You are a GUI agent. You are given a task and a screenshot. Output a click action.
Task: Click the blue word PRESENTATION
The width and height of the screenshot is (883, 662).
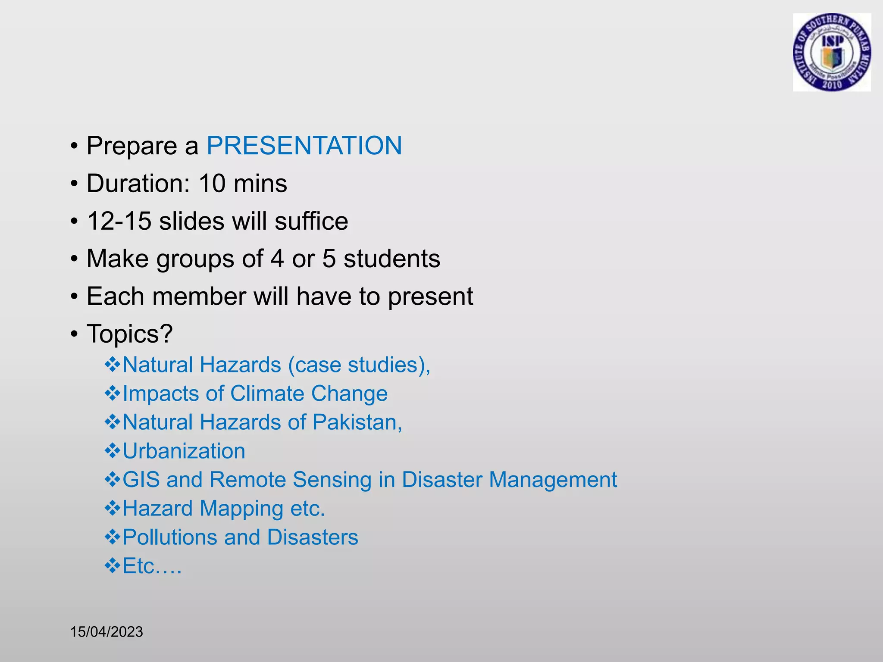pos(304,146)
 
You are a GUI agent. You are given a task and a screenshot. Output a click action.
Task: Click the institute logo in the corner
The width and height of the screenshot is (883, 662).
pos(832,52)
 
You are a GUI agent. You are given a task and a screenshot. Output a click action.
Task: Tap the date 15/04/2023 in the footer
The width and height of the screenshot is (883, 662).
pos(106,632)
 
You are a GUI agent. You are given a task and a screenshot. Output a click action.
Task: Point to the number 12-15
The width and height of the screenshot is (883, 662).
pos(119,221)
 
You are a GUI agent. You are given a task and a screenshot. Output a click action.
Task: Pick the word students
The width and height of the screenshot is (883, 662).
pos(391,259)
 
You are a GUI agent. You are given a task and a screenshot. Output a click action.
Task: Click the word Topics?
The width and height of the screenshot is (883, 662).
pos(129,334)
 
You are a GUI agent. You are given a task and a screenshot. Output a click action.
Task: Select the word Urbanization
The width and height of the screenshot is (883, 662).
pos(184,451)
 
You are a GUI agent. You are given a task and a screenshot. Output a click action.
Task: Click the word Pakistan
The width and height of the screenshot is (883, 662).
pos(357,422)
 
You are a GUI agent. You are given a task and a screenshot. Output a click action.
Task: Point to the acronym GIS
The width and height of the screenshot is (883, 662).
pos(141,480)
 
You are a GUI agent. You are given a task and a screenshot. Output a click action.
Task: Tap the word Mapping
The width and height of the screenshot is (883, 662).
pos(241,509)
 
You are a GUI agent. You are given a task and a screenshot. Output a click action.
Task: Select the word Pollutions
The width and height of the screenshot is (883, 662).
pos(169,537)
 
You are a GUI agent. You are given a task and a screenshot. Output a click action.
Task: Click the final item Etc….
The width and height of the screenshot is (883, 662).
pos(152,566)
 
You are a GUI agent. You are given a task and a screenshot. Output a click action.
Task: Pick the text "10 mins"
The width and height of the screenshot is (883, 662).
pos(243,184)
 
